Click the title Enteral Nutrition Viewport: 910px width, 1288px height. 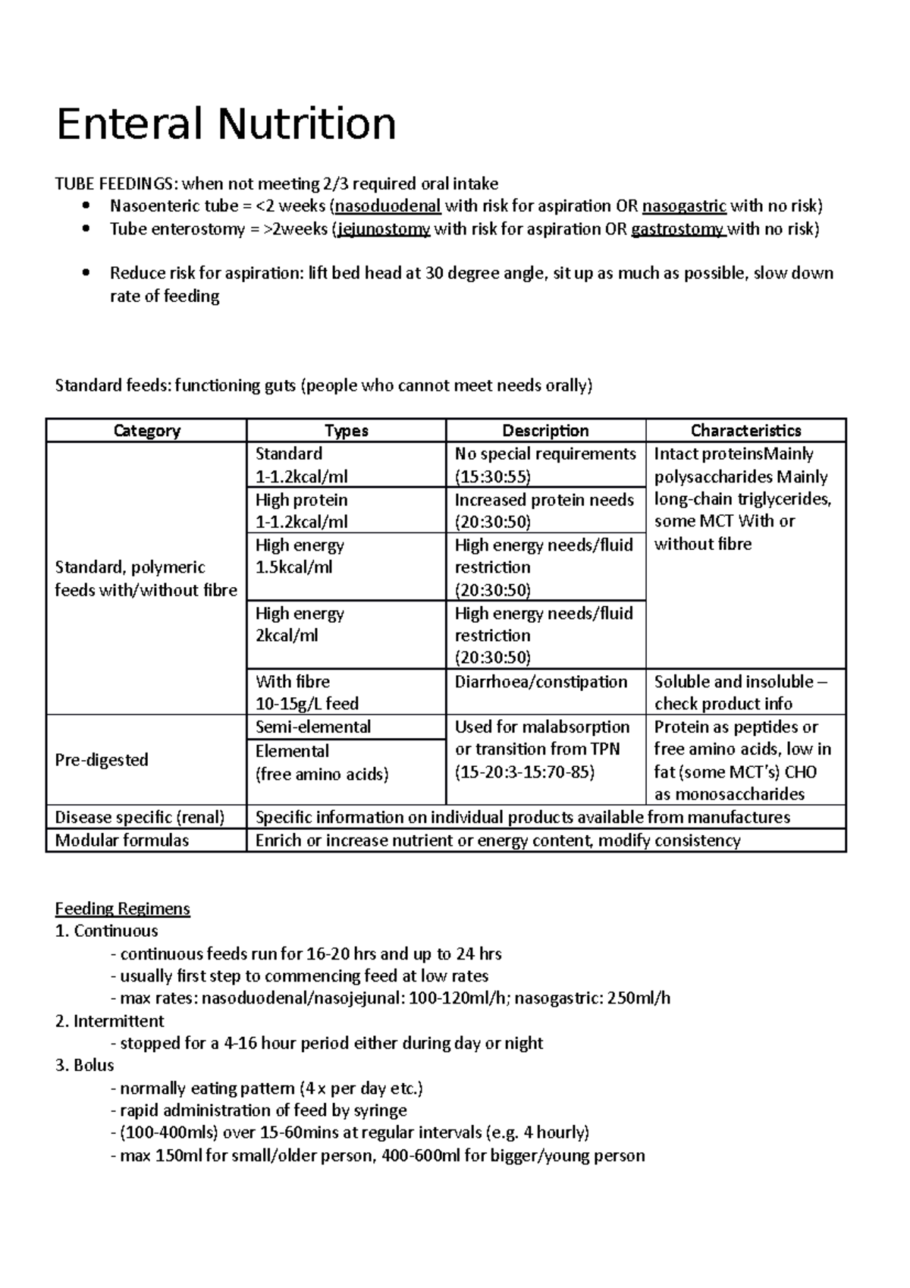click(226, 124)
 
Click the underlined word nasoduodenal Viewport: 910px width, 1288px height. click(388, 206)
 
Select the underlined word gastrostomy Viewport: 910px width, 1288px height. click(678, 229)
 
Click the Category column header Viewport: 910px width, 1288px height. click(146, 431)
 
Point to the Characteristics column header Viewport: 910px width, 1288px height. click(745, 431)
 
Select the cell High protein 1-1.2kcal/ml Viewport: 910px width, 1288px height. click(302, 510)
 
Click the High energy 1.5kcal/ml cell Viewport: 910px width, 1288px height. click(300, 556)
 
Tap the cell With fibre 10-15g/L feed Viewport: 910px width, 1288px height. click(306, 692)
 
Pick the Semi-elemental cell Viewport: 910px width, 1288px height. click(312, 727)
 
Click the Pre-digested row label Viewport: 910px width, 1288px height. click(102, 759)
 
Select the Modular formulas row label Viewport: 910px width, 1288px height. click(122, 840)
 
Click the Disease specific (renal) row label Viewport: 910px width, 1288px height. click(140, 817)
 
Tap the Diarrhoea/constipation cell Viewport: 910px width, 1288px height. click(541, 682)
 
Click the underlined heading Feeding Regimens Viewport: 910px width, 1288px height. click(122, 909)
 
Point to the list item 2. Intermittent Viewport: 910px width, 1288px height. click(110, 1021)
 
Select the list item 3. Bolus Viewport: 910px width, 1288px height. click(85, 1065)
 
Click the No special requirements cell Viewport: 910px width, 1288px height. click(545, 454)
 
